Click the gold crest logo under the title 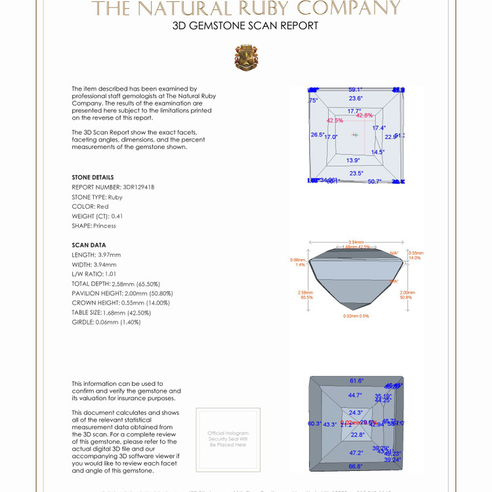point(246,58)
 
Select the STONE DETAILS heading point(92,177)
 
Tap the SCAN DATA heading point(89,245)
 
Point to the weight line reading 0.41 point(97,216)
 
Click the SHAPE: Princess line point(94,226)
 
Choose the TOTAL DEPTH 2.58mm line point(121,283)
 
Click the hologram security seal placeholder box point(228,439)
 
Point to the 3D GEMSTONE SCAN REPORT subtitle point(245,26)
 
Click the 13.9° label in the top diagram point(353,160)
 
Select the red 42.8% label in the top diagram point(364,115)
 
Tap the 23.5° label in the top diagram point(356,173)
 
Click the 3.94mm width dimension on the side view point(356,242)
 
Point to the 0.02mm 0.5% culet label point(356,316)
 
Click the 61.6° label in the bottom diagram point(356,380)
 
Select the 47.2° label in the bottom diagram point(356,453)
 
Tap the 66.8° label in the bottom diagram point(356,466)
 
